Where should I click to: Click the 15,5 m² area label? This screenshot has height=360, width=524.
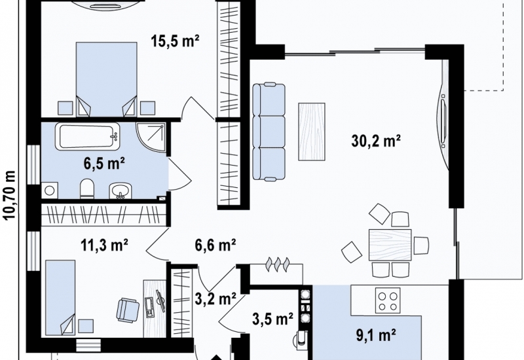(x=175, y=41)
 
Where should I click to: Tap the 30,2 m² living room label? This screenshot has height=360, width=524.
(x=376, y=140)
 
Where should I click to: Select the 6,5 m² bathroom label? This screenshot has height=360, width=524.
(x=104, y=164)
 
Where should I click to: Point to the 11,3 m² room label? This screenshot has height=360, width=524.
(x=104, y=245)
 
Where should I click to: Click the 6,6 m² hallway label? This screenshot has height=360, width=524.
(x=215, y=245)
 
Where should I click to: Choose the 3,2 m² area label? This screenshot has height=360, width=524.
(x=215, y=299)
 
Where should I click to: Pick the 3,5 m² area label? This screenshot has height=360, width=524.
(x=272, y=319)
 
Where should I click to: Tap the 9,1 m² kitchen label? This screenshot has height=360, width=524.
(x=376, y=335)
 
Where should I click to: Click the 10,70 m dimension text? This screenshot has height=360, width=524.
(x=10, y=195)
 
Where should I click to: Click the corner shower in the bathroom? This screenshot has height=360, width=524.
(x=151, y=137)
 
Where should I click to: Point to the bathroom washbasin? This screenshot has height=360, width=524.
(x=120, y=190)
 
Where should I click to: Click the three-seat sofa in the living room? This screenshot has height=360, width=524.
(x=269, y=132)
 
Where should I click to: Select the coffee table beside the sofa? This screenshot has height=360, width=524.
(x=312, y=132)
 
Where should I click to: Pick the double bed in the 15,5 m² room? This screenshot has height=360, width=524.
(x=106, y=79)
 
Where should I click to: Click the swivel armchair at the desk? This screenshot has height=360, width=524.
(x=128, y=310)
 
